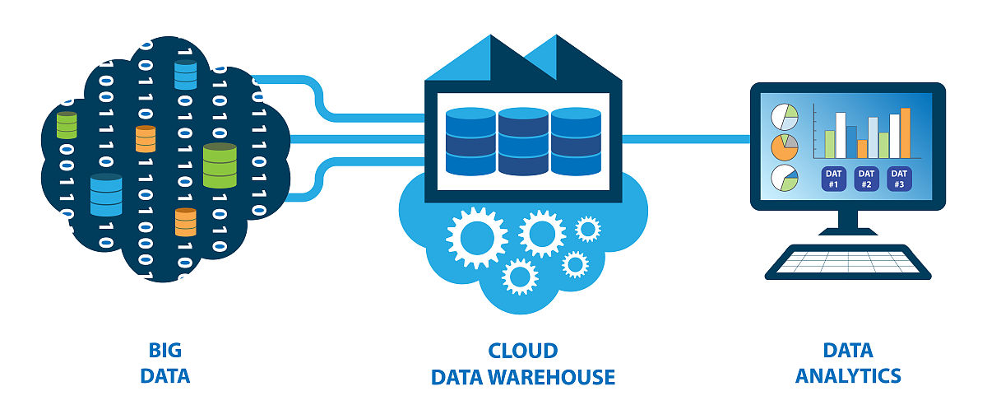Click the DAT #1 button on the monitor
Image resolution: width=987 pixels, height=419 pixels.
click(833, 179)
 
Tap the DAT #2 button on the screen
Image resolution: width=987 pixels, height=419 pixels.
click(866, 179)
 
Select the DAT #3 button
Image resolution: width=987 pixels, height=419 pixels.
click(899, 179)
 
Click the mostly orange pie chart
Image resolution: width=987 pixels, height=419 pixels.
click(784, 147)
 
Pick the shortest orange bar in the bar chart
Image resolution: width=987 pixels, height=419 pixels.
click(862, 149)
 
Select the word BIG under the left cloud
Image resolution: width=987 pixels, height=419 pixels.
click(164, 350)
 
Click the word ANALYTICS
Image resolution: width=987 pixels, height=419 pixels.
click(848, 376)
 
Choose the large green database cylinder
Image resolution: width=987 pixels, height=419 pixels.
click(220, 165)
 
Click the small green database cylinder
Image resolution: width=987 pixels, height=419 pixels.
click(67, 125)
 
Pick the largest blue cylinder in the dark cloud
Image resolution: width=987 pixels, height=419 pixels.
click(106, 195)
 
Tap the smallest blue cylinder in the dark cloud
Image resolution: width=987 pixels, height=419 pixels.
click(186, 74)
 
